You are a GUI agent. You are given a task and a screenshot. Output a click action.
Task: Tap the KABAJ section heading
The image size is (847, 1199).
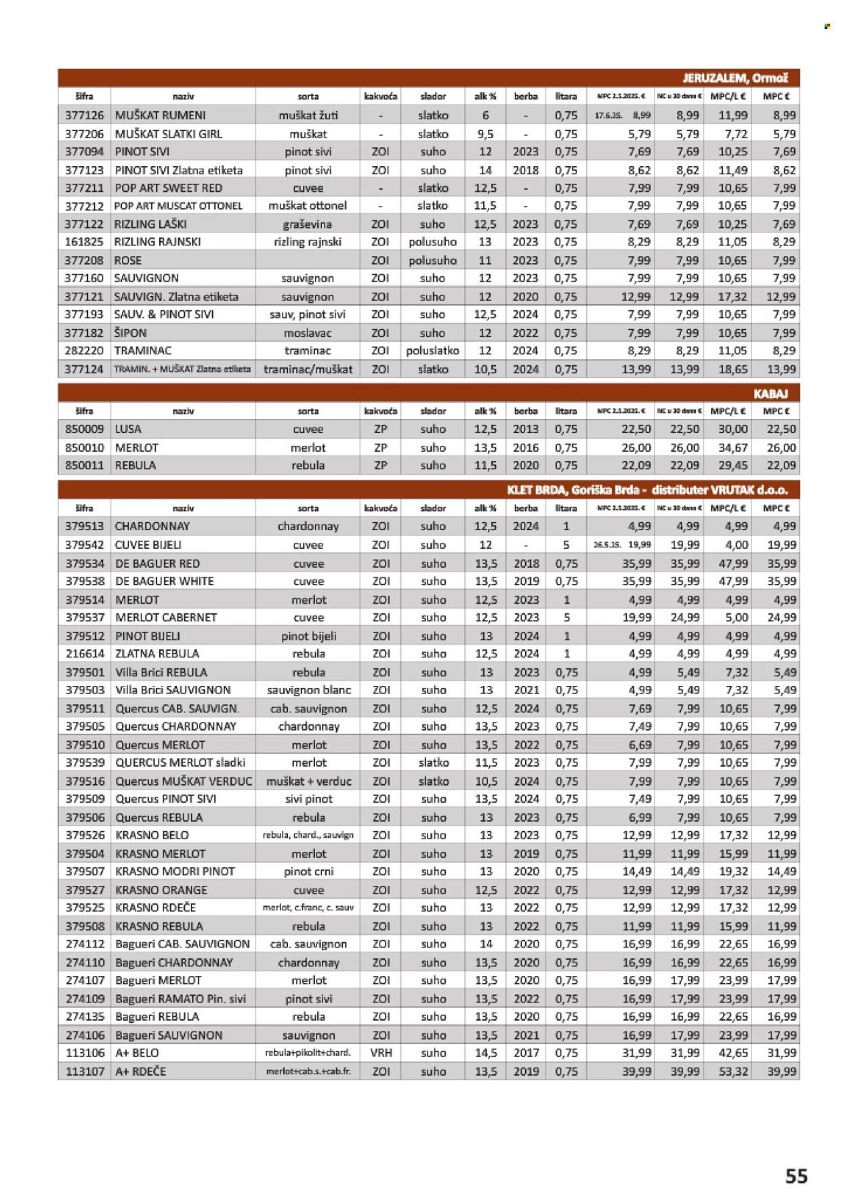click(770, 393)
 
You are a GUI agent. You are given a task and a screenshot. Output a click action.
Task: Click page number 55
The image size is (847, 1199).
click(796, 1175)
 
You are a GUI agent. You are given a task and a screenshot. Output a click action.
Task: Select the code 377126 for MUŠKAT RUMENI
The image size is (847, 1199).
click(85, 115)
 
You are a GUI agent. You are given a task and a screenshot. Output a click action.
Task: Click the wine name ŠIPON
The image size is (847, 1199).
click(131, 333)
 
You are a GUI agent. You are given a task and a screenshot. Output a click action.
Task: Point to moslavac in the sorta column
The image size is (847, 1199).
click(308, 333)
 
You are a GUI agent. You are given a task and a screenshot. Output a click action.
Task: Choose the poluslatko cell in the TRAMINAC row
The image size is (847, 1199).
click(432, 350)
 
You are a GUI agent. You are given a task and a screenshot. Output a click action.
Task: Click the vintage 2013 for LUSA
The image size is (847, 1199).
click(525, 429)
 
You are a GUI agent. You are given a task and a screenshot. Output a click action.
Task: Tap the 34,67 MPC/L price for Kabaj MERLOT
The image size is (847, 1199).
click(732, 447)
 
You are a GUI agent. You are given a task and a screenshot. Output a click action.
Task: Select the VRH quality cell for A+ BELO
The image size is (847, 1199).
click(381, 1053)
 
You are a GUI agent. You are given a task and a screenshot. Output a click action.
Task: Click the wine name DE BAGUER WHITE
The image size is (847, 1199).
click(165, 581)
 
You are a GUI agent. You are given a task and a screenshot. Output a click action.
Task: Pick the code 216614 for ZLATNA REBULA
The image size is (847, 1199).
click(85, 653)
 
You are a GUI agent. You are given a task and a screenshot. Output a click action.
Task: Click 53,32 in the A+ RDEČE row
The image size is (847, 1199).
click(733, 1071)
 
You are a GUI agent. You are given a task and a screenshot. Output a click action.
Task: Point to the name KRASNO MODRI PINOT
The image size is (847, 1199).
click(175, 871)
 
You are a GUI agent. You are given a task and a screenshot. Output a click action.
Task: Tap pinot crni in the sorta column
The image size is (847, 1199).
click(308, 871)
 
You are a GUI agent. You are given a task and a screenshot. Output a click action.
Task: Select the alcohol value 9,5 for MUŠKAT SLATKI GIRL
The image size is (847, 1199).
click(485, 134)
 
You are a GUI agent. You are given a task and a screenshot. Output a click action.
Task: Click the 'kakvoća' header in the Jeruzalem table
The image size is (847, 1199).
click(380, 96)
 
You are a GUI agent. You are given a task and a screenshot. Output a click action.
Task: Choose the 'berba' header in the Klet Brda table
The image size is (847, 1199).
click(526, 508)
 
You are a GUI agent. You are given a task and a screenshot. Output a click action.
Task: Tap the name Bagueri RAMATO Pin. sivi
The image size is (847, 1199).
click(180, 998)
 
